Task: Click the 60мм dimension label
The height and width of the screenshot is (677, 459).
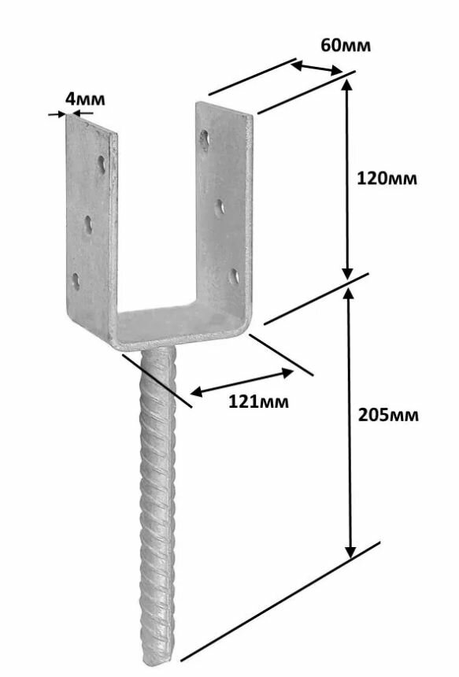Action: click(346, 45)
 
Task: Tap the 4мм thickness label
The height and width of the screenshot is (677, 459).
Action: click(85, 99)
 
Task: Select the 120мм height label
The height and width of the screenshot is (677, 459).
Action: click(387, 178)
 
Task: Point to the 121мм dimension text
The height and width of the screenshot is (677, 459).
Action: click(258, 402)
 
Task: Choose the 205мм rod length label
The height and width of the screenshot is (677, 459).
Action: click(388, 415)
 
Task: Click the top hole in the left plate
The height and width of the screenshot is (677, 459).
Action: click(102, 165)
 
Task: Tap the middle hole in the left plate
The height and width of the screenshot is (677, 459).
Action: click(88, 225)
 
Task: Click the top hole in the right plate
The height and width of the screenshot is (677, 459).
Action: click(204, 139)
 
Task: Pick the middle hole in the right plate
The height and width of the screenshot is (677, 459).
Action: click(220, 207)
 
